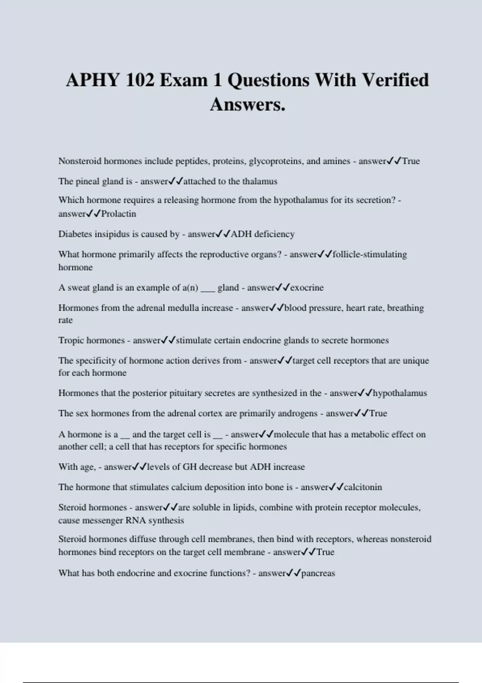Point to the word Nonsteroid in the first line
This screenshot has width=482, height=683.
click(80, 161)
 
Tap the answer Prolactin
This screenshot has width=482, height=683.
click(118, 214)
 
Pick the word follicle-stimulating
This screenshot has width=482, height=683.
click(370, 254)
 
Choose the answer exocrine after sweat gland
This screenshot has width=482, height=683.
click(307, 288)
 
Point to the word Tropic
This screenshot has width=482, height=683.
click(71, 340)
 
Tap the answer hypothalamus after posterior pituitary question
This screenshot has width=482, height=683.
click(400, 393)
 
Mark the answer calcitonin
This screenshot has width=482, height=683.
click(363, 487)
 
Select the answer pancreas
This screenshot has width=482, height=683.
click(318, 573)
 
